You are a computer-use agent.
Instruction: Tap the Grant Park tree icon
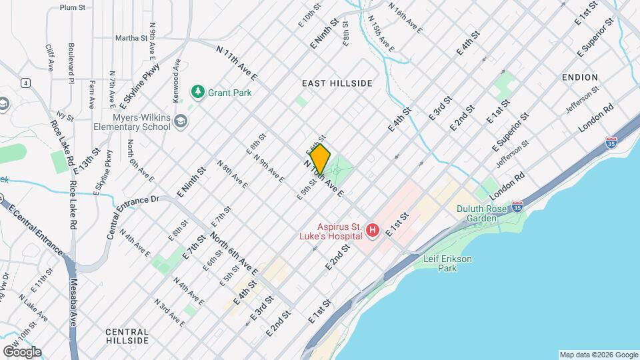pyautogui.click(x=197, y=92)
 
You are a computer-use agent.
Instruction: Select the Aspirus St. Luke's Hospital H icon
pyautogui.click(x=373, y=231)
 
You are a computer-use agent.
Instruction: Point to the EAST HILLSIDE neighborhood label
pyautogui.click(x=337, y=83)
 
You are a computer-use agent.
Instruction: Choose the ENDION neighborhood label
pyautogui.click(x=579, y=77)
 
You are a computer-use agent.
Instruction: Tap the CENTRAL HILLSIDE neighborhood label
pyautogui.click(x=127, y=336)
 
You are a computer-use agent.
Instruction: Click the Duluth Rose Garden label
pyautogui.click(x=484, y=213)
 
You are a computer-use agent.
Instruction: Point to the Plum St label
pyautogui.click(x=73, y=7)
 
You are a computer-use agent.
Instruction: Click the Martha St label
pyautogui.click(x=131, y=38)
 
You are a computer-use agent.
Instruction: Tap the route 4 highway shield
pyautogui.click(x=25, y=83)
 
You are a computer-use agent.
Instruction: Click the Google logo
pyautogui.click(x=22, y=351)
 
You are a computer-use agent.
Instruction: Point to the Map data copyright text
pyautogui.click(x=598, y=355)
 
